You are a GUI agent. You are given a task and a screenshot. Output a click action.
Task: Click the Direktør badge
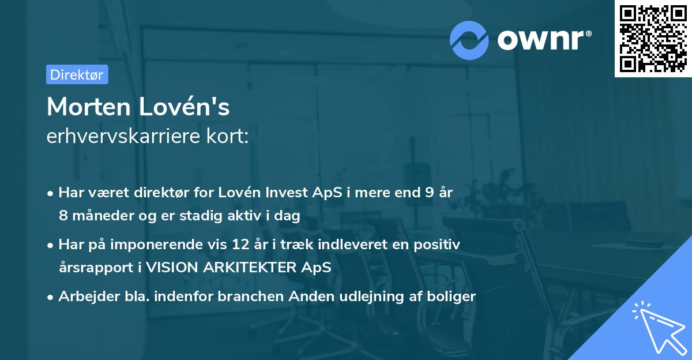77,74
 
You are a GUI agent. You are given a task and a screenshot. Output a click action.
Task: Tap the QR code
652,39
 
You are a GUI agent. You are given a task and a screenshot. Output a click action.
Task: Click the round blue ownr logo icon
469,40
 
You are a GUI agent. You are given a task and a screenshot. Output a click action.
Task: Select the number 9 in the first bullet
428,193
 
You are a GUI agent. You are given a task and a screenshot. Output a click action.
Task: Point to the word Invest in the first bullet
289,193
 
